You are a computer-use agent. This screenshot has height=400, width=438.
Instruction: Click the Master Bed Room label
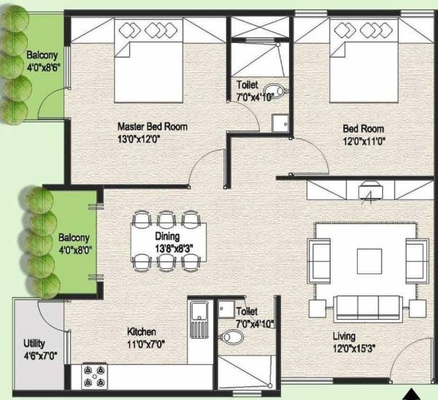click(152, 127)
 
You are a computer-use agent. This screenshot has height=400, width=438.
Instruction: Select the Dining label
click(167, 236)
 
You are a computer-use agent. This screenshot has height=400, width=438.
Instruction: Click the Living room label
click(342, 336)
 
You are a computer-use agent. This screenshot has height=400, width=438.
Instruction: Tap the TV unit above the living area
click(368, 190)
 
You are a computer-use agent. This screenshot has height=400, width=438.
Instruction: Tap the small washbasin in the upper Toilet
click(280, 125)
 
